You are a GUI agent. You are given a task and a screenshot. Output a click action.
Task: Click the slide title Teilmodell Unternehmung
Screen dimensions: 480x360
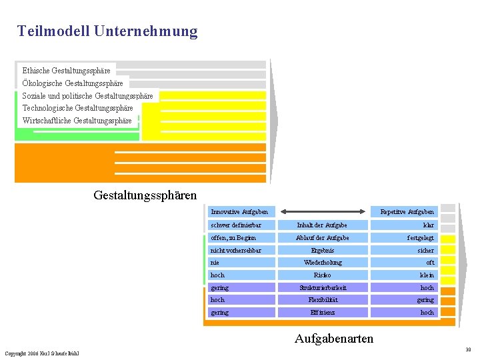coord(107,31)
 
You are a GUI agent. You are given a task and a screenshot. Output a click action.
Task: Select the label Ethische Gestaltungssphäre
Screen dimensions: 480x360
coord(66,70)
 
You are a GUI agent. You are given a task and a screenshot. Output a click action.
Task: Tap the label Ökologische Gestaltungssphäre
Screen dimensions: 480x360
coord(73,83)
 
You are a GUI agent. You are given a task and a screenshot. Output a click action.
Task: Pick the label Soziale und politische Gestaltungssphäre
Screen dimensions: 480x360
coord(87,96)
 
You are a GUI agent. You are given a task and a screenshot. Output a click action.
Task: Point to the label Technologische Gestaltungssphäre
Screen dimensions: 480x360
coord(77,108)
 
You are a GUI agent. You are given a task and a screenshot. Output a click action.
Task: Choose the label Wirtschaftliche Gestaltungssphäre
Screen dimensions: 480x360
coord(77,121)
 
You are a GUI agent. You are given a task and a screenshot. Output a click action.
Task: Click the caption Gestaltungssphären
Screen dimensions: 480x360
coord(145,195)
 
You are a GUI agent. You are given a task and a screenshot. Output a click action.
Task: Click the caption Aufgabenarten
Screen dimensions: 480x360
coord(334,339)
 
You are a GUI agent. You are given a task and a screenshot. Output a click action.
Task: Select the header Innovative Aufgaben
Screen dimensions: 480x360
coord(239,212)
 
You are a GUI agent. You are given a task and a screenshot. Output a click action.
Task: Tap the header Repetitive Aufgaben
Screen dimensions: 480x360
coord(407,212)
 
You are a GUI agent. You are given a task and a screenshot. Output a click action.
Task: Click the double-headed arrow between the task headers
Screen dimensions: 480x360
coord(323,212)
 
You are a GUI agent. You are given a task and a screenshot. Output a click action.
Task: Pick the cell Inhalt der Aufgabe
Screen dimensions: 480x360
coord(322,225)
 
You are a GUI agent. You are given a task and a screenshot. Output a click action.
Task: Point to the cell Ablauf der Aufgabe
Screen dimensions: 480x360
coord(323,238)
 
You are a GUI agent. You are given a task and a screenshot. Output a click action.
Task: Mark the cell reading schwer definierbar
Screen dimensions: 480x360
coord(236,225)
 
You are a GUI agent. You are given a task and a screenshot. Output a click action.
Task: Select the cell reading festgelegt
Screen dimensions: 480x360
coord(420,238)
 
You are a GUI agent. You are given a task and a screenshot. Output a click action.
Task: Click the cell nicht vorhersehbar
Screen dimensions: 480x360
coord(236,251)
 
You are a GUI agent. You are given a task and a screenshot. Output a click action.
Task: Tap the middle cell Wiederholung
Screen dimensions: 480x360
coord(323,263)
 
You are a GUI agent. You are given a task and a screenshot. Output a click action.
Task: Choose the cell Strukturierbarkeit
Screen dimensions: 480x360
coord(323,288)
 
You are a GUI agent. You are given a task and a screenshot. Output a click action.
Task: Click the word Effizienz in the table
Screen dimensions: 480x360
coord(323,313)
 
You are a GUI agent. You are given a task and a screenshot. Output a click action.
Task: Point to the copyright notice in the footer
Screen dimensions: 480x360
coord(41,353)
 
